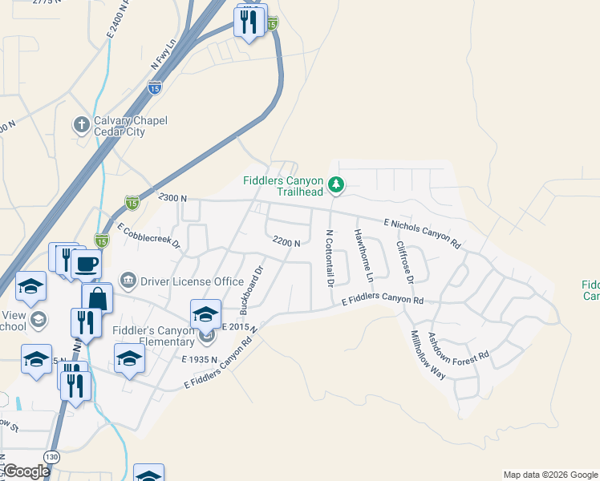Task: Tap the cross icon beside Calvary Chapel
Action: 80,125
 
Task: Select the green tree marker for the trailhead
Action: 336,185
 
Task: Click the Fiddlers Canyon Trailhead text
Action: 283,185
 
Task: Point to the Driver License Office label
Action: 192,281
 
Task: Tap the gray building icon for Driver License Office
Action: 128,280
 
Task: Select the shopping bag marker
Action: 97,299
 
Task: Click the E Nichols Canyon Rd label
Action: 422,232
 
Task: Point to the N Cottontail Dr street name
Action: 329,258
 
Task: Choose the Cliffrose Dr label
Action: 404,261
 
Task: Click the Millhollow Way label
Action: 428,354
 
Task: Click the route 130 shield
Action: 52,456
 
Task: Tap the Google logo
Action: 26,471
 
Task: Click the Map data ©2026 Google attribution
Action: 549,475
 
